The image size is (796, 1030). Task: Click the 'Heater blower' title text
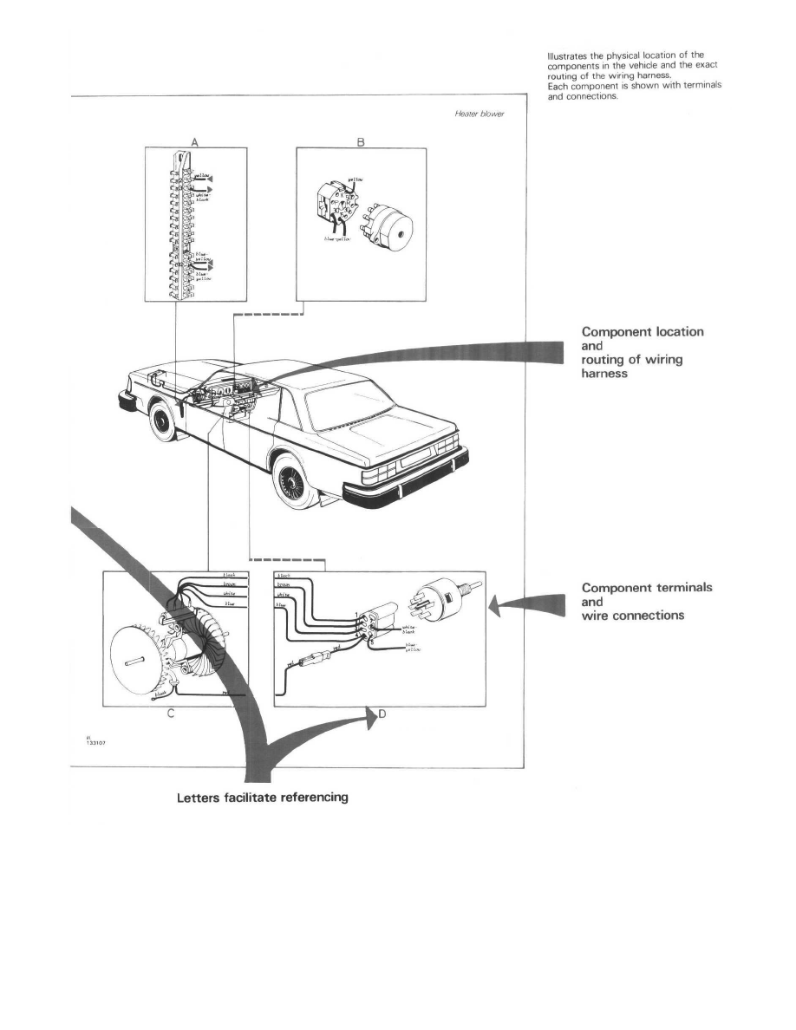480,114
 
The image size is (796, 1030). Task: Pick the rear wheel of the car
297,486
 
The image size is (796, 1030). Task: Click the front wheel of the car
161,423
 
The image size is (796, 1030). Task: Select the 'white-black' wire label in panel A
205,198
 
